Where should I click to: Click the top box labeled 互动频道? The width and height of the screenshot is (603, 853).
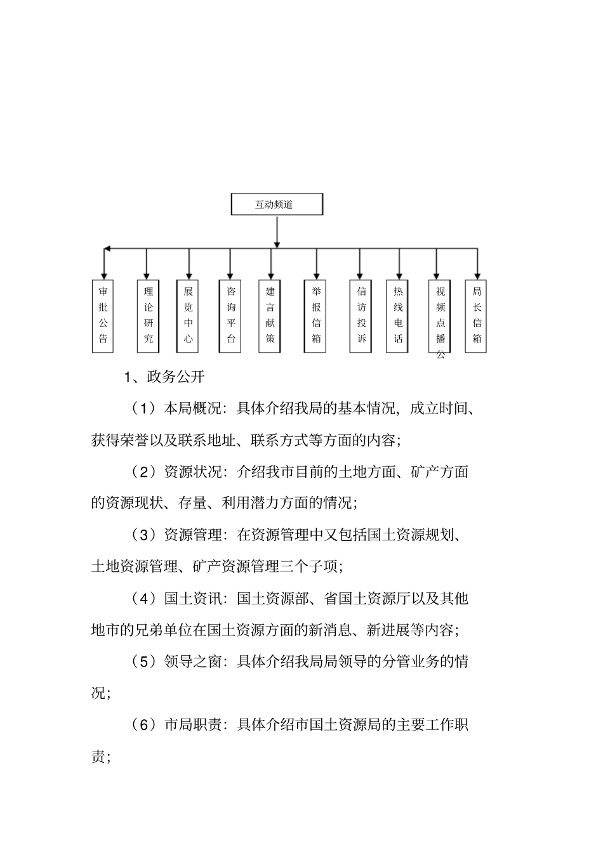pos(276,205)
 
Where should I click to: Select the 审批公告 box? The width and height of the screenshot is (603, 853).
pos(103,315)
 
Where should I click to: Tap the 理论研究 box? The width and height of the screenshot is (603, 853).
pos(148,315)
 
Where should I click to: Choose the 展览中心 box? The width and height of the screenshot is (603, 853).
pos(189,315)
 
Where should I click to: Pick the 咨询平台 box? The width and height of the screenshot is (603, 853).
pos(230,315)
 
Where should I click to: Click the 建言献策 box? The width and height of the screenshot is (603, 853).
pos(270,315)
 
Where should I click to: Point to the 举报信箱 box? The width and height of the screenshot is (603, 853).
pos(316,315)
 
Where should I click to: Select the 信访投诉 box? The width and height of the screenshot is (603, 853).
pos(361,315)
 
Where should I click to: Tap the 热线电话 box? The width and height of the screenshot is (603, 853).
pos(398,315)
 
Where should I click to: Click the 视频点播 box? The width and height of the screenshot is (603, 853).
pos(440,315)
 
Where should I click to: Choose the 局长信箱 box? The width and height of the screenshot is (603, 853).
pos(477,315)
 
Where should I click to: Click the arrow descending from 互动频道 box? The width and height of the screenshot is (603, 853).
pos(277,231)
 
